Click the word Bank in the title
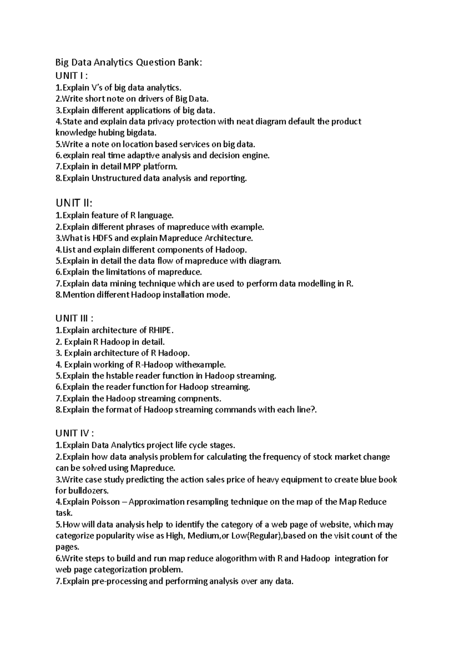tap(187, 62)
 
